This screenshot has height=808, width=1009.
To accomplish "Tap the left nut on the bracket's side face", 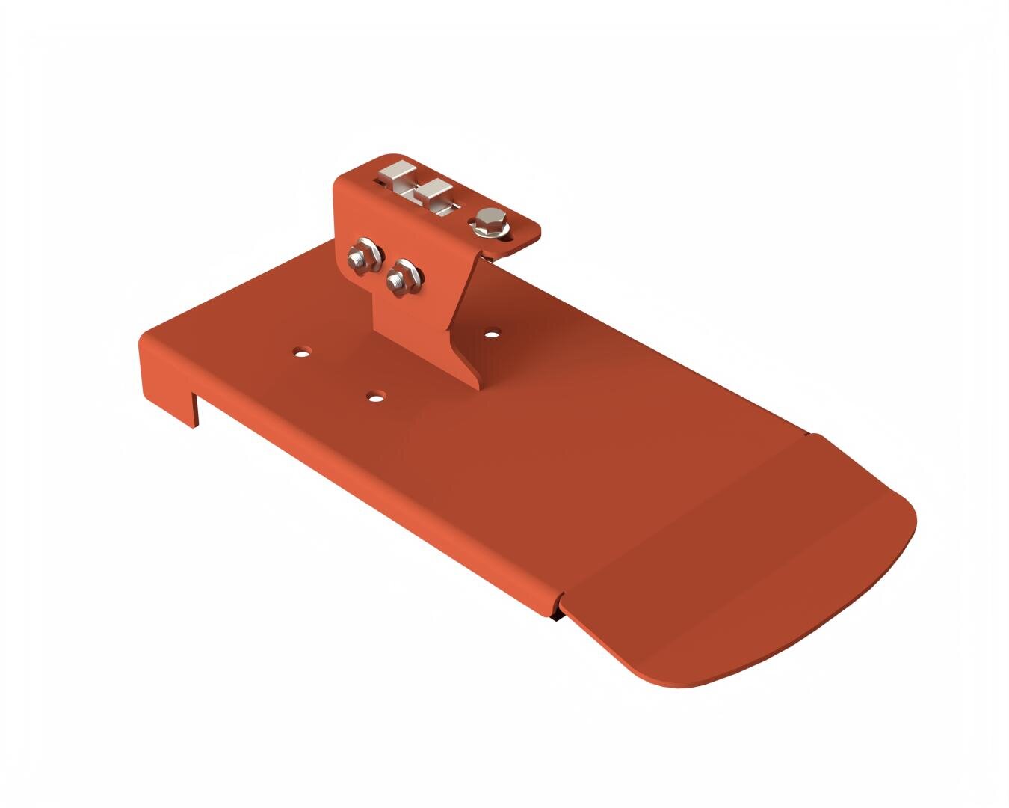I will pos(363,256).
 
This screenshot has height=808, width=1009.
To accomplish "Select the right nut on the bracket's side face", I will pos(404,278).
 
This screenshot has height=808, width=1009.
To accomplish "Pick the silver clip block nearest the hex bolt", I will pos(432,195).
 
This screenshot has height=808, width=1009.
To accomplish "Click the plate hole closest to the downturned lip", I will pos(301,350).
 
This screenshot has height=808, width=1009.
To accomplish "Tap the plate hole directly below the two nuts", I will pos(376,395).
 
